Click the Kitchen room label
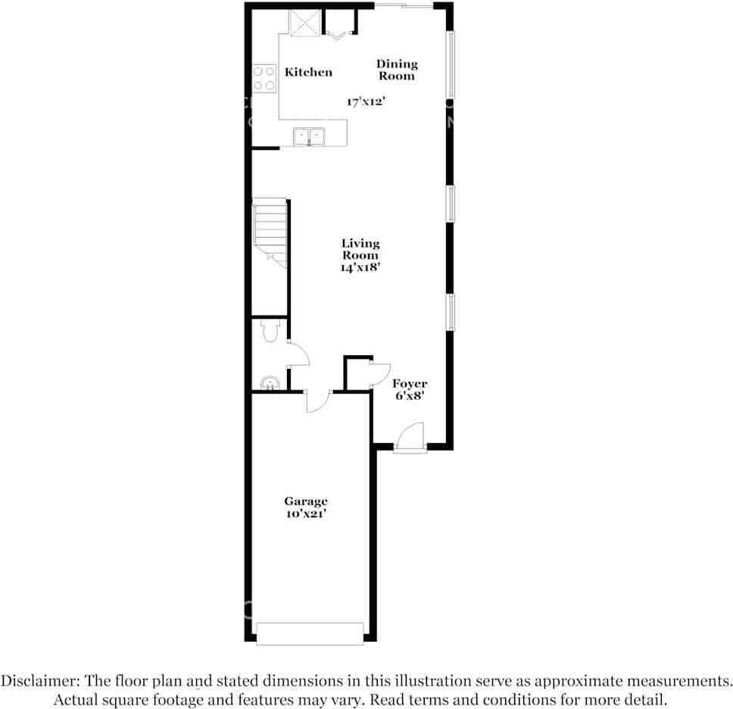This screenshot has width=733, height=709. (308, 73)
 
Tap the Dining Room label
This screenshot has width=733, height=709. (397, 70)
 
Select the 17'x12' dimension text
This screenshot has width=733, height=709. (366, 101)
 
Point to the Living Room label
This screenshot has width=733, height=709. (360, 249)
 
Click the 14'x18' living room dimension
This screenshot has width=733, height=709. (360, 267)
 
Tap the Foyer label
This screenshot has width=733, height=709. (409, 384)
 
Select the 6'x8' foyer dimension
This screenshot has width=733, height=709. (409, 395)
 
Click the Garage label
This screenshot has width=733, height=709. (306, 501)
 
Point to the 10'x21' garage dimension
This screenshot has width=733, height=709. (306, 514)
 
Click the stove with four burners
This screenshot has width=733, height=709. (264, 78)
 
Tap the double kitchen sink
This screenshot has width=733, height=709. (309, 137)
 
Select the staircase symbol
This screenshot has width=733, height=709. (270, 232)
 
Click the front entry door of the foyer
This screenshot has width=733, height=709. (410, 439)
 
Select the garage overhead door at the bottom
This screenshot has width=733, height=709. (310, 633)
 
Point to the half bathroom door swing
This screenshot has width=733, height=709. (297, 354)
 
